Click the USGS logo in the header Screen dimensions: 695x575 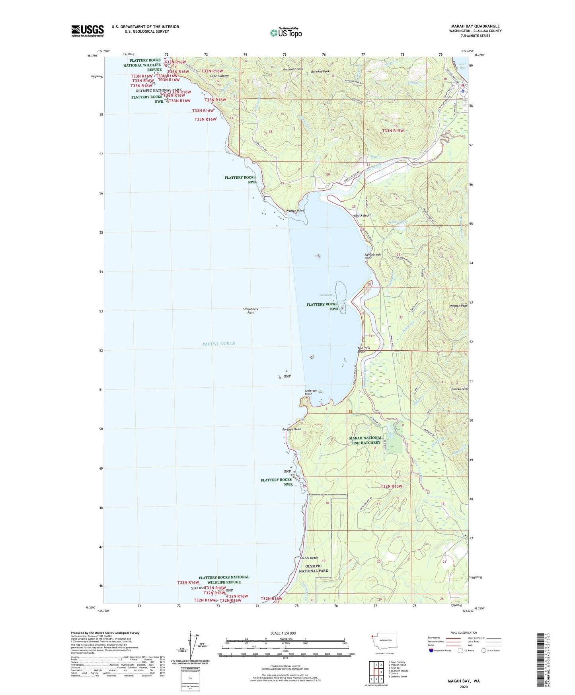[87, 31]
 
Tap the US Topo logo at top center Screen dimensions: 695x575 [286, 32]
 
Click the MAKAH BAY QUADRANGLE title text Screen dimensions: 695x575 [475, 26]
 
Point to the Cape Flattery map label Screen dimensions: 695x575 [219, 76]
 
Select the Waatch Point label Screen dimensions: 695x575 [295, 211]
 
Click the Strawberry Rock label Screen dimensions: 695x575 [251, 310]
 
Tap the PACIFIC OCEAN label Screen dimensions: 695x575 [218, 344]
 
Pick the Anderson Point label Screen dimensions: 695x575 [311, 392]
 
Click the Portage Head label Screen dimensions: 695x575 [291, 429]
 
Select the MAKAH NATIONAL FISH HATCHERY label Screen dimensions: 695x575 [365, 440]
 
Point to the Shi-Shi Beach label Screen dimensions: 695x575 [309, 558]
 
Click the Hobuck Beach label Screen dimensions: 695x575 [361, 215]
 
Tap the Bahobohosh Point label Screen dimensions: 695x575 [372, 256]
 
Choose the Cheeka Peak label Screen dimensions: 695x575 [459, 389]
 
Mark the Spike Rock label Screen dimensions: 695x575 [198, 588]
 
